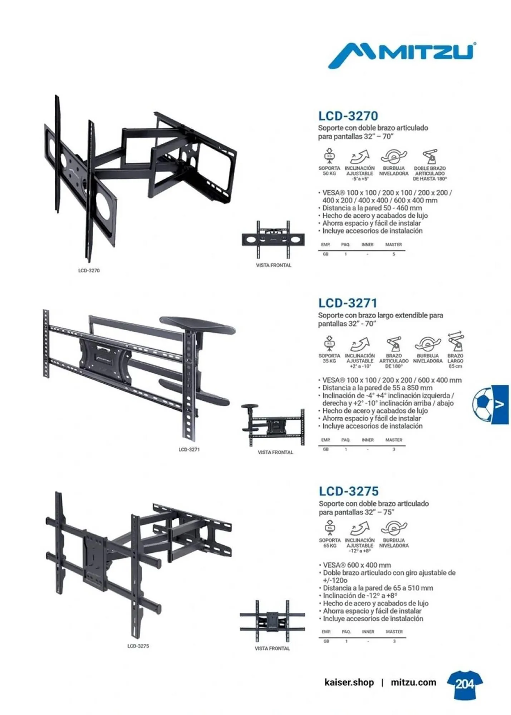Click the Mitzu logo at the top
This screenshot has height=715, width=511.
point(402,55)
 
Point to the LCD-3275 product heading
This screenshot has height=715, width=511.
point(349,491)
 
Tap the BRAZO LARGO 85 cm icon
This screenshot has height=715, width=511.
point(456,341)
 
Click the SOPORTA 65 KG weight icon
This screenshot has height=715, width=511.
point(330,528)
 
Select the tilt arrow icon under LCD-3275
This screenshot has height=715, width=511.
point(360,528)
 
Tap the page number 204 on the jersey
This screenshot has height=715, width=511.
point(465,684)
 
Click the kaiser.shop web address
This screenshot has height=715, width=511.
point(349,682)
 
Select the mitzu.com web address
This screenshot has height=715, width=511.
point(413,682)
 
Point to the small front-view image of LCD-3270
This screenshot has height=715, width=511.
point(273,239)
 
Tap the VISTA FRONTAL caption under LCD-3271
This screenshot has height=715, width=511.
point(275,452)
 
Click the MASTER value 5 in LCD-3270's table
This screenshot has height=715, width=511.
point(394,254)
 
